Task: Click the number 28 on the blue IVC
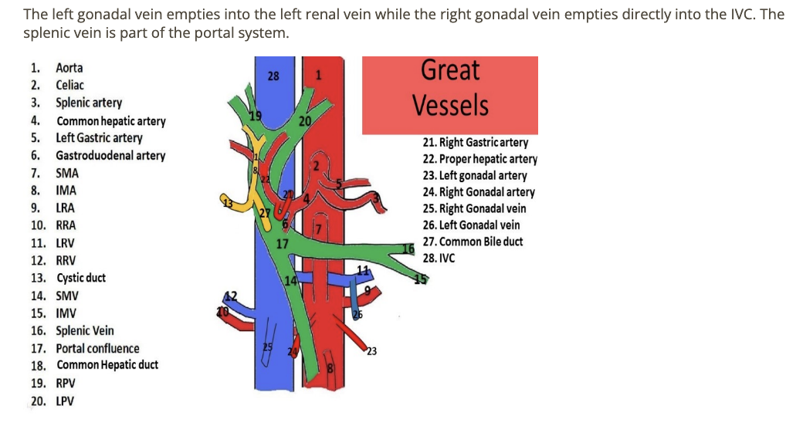click(273, 76)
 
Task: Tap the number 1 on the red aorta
click(317, 74)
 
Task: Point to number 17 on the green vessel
click(283, 244)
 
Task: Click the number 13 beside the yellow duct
click(226, 203)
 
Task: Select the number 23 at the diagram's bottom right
click(371, 353)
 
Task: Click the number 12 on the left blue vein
click(229, 296)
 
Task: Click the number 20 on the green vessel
click(304, 121)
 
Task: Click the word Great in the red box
click(450, 71)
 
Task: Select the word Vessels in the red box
click(450, 105)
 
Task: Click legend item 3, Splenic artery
click(88, 103)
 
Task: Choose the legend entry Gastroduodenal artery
click(110, 155)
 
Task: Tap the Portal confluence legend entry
click(97, 348)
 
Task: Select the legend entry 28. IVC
click(439, 259)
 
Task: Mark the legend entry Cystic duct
click(80, 278)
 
